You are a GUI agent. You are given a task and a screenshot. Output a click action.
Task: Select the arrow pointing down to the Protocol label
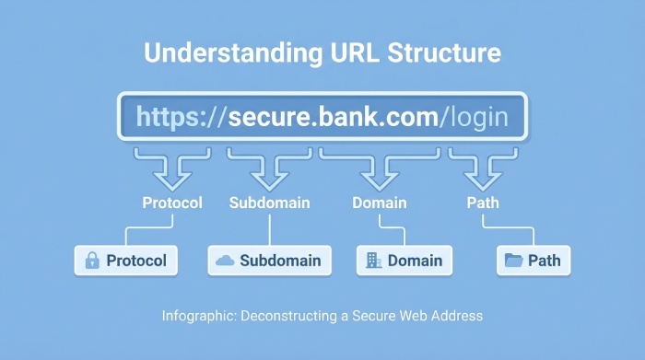click(171, 169)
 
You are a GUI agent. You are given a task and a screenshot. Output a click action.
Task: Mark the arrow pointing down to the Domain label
click(379, 169)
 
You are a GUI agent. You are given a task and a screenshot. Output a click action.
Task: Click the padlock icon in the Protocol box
click(92, 261)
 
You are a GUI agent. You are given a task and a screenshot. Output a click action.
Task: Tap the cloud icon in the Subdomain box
click(225, 261)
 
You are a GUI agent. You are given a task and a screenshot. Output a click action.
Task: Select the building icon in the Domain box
click(373, 261)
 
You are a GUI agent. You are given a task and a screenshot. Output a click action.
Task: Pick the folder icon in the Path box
click(514, 261)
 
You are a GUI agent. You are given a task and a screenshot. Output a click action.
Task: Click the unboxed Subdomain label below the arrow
click(269, 203)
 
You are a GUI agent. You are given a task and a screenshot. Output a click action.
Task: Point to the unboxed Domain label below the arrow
click(379, 203)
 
